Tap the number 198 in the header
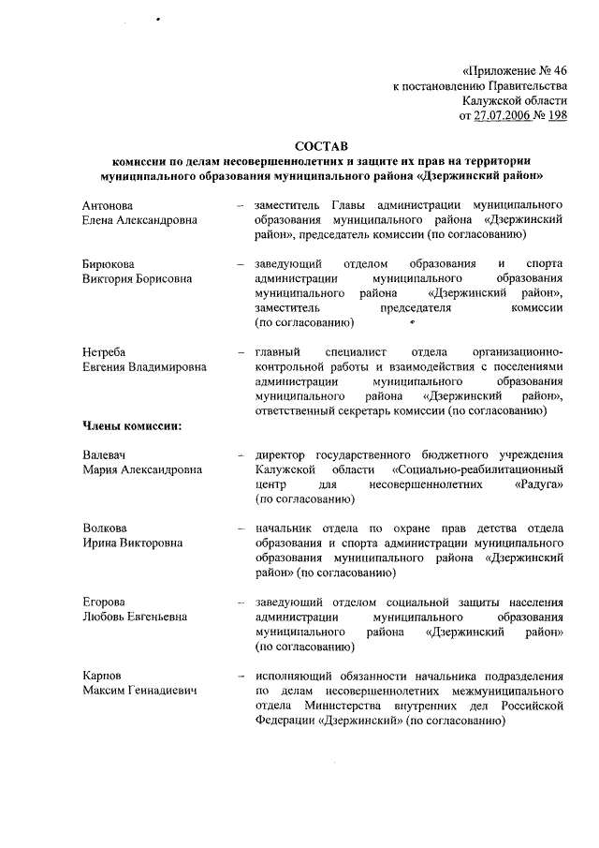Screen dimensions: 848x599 point(556,115)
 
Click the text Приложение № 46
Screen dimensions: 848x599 point(516,70)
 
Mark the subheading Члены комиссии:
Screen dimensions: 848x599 point(130,426)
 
